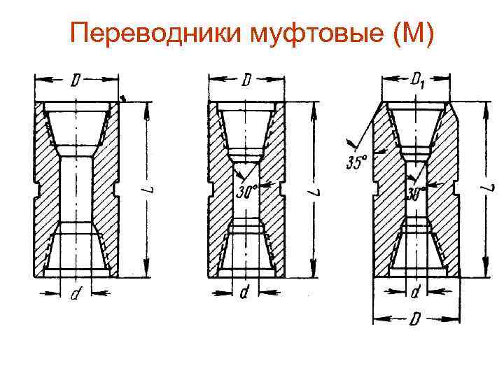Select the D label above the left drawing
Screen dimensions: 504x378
tap(76, 82)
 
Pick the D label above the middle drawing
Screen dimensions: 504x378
tap(246, 82)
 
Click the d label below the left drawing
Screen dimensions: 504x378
tap(75, 296)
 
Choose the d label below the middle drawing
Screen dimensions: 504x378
tap(244, 295)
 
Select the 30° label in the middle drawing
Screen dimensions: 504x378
tap(246, 190)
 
